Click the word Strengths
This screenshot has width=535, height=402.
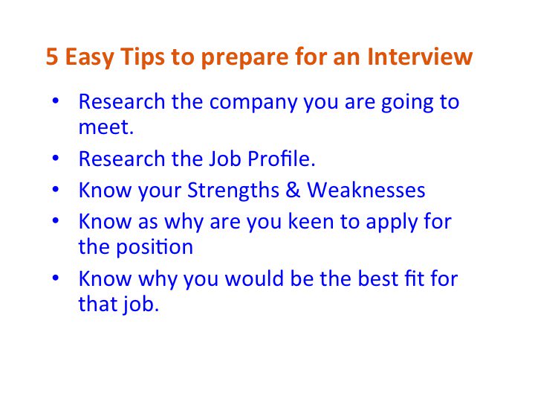pyautogui.click(x=233, y=191)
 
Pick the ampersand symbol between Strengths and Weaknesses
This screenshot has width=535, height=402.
pyautogui.click(x=293, y=191)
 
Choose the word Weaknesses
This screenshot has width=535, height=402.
pyautogui.click(x=366, y=191)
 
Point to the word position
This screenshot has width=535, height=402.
pyautogui.click(x=154, y=247)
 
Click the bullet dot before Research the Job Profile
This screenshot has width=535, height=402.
pyautogui.click(x=56, y=159)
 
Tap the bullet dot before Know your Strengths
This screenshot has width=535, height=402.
pyautogui.click(x=56, y=191)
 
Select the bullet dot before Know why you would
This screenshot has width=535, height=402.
pyautogui.click(x=56, y=280)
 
